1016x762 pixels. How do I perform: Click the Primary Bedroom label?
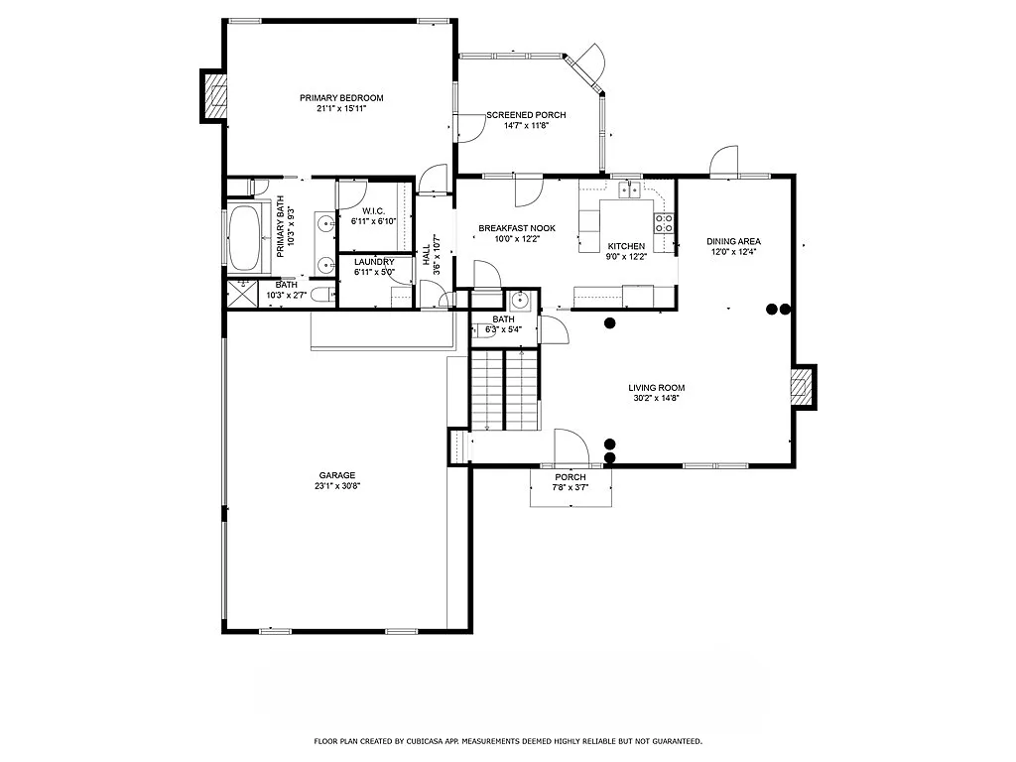pos(341,98)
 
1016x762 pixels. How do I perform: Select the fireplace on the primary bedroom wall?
pos(214,95)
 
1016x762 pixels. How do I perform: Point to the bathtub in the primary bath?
pos(244,236)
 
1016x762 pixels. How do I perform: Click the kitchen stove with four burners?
pos(665,223)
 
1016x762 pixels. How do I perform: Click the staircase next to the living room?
pos(505,389)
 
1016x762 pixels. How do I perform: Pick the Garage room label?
pos(336,475)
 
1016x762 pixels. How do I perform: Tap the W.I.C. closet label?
pos(373,210)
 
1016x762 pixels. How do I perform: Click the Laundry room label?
pos(374,262)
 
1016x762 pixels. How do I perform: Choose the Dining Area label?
pos(733,241)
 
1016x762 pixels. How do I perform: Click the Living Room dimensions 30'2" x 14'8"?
pos(656,398)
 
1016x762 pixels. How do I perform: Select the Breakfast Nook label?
pos(516,228)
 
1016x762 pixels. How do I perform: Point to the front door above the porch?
pos(571,446)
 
